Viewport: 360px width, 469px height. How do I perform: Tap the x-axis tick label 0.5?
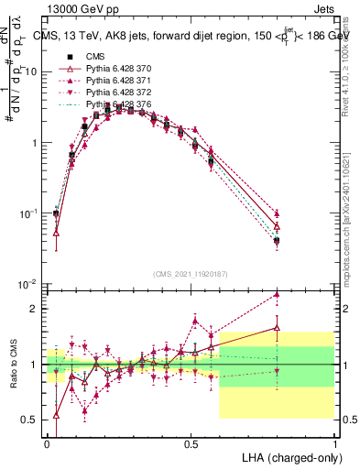click(x=191, y=442)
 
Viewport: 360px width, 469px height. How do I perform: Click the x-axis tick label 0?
click(x=47, y=442)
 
